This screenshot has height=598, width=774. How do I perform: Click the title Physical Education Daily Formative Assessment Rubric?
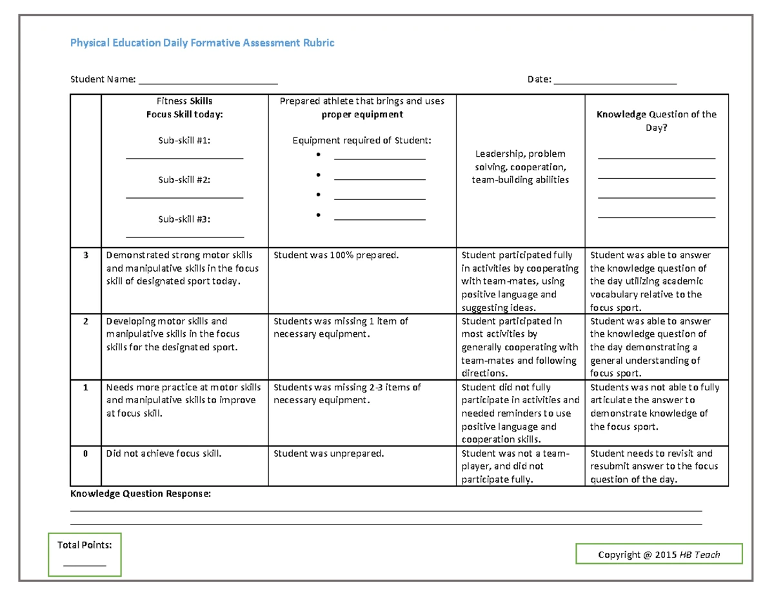[202, 43]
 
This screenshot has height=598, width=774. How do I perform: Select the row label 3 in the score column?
[85, 255]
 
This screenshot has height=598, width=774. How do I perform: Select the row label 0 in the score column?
[85, 453]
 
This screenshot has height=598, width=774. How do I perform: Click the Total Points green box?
[84, 554]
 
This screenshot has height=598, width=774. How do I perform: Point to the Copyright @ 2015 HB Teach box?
[659, 554]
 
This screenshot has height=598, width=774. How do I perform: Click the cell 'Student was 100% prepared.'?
[336, 255]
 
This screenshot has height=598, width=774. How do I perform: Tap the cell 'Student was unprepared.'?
[328, 453]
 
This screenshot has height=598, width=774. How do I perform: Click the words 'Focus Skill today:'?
[184, 114]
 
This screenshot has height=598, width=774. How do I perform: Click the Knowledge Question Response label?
[140, 494]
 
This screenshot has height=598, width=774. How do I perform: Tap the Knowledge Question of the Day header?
[656, 121]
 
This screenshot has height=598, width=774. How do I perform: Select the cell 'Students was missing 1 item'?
[341, 327]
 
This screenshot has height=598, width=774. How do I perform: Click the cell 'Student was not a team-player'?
[515, 466]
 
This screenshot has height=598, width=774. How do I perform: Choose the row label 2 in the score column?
[85, 321]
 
